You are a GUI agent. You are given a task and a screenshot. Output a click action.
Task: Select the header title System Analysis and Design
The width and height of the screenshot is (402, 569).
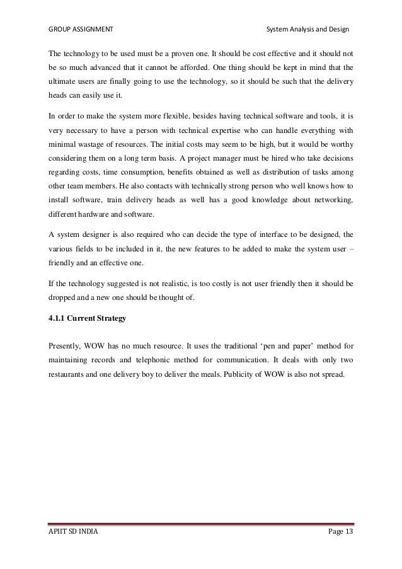[x=307, y=30]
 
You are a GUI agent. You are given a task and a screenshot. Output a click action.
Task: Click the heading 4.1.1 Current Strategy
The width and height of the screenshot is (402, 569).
[x=87, y=318]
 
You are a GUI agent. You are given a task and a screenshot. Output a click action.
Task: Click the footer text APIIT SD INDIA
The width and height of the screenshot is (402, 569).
[x=73, y=551]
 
